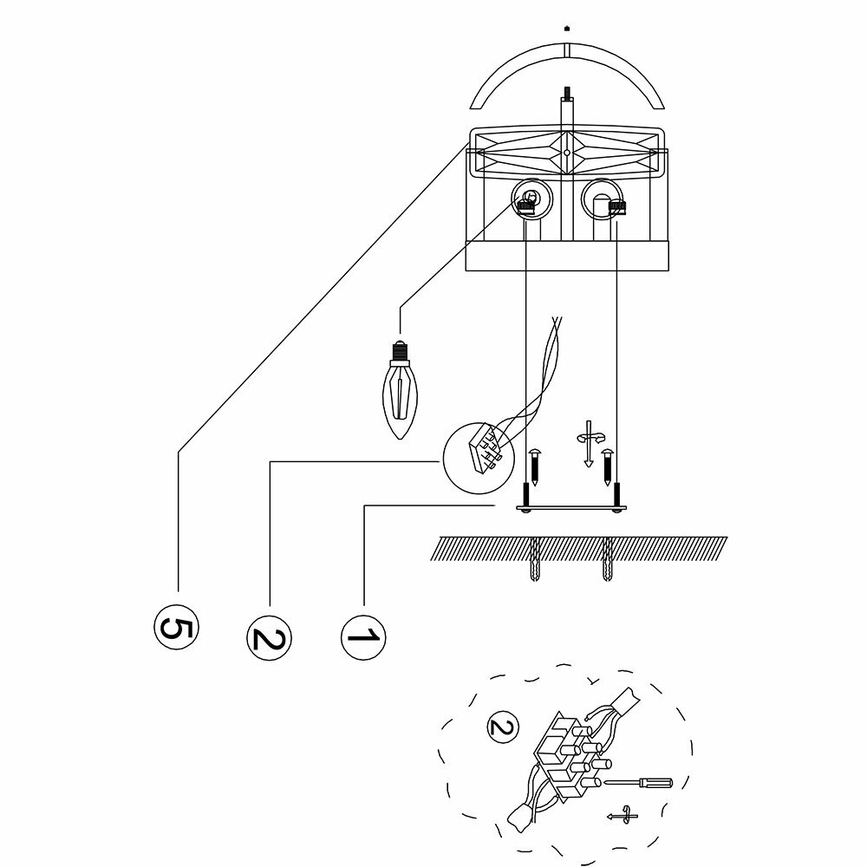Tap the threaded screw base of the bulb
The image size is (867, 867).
[400, 350]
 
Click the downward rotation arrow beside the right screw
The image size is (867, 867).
[589, 441]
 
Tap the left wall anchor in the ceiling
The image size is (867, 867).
[534, 561]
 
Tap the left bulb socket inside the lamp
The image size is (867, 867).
[528, 200]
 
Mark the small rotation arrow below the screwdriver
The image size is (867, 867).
[619, 816]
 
